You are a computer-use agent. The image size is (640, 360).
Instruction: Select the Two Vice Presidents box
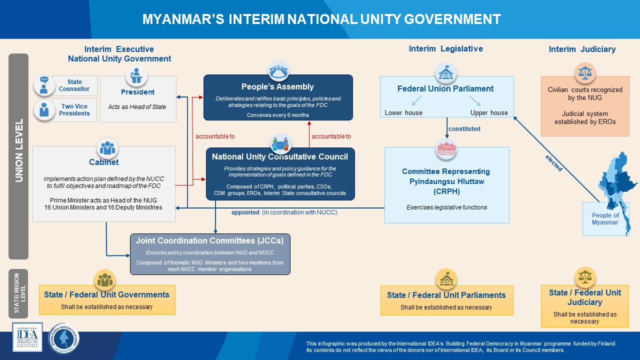[x=74, y=109]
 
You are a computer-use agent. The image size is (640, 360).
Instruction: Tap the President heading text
[x=137, y=92]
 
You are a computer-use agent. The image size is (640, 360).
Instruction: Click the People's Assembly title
[x=277, y=87]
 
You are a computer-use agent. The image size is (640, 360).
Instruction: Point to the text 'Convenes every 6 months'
[x=277, y=115]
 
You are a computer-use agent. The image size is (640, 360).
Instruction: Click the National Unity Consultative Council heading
[x=279, y=156]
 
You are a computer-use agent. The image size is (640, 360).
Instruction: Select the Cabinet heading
[x=104, y=162]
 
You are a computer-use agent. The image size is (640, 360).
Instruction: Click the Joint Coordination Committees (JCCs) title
[x=209, y=240]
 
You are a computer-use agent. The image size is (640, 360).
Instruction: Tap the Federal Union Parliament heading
[x=445, y=88]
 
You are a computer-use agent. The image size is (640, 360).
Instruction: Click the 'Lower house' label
[x=403, y=113]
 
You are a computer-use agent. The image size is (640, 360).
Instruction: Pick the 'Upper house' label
[x=488, y=113]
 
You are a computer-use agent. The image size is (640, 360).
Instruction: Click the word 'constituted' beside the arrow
[x=464, y=129]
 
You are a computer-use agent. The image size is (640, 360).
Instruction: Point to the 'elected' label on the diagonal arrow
[x=553, y=163]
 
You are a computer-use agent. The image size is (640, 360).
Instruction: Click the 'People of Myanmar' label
[x=605, y=219]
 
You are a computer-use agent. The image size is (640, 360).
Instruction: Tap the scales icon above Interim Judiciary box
[x=584, y=73]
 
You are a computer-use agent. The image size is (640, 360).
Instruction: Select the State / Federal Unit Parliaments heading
[x=446, y=295]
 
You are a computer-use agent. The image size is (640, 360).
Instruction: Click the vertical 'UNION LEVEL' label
[x=19, y=150]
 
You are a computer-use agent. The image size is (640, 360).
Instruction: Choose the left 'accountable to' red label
[x=215, y=136]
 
